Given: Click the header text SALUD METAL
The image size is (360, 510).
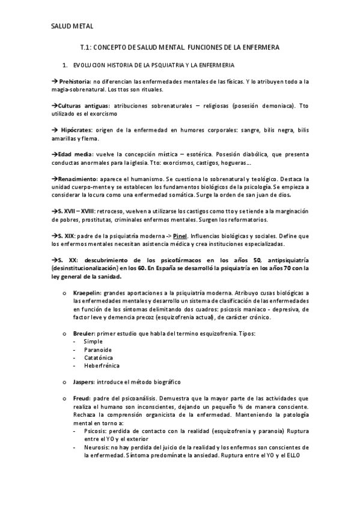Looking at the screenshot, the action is (x=72, y=26).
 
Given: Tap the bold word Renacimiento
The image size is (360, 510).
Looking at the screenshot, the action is (x=78, y=179).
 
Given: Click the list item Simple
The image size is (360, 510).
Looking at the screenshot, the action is (x=93, y=342).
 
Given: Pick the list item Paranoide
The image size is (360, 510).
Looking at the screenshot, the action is (x=98, y=349).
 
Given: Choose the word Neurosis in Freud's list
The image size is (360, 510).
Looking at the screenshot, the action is (x=96, y=447).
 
